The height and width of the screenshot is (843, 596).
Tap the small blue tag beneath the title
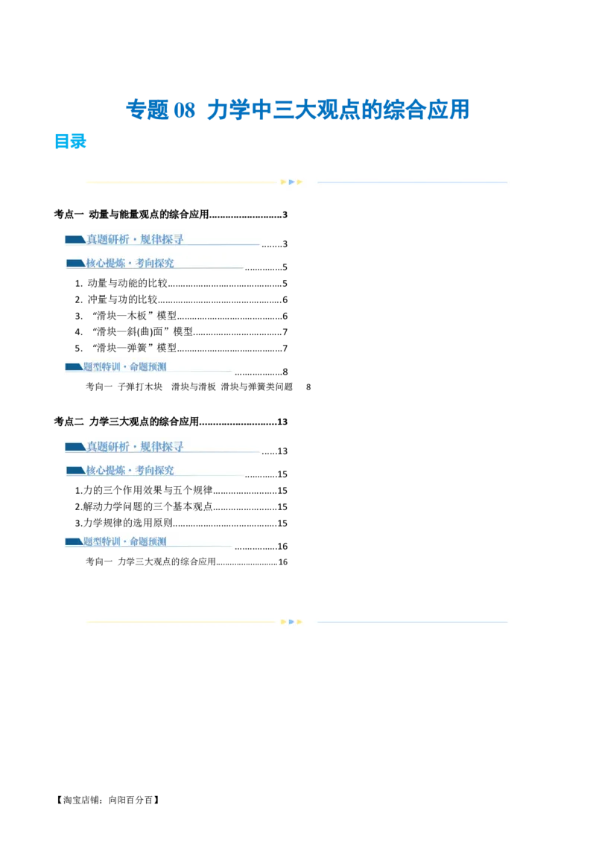71,142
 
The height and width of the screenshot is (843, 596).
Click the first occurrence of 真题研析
108,239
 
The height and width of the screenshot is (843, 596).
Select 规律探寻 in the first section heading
162,239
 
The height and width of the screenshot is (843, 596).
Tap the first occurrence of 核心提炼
104,263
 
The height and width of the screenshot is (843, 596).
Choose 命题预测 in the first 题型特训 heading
148,366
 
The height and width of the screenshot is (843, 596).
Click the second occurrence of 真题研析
108,447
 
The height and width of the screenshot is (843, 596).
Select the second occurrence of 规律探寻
162,447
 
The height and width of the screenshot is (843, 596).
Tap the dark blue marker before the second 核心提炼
75,471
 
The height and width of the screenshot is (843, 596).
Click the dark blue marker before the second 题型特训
74,541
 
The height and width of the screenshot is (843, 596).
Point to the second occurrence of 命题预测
148,541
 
